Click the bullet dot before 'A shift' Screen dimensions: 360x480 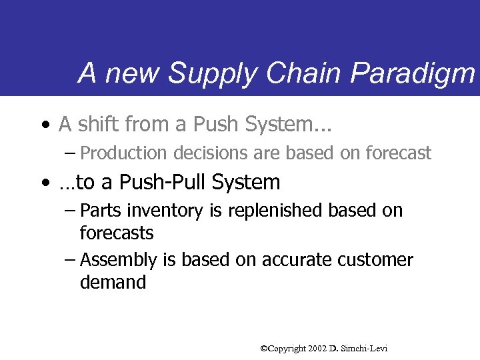click(x=43, y=125)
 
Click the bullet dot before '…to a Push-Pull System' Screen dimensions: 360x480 click(x=43, y=183)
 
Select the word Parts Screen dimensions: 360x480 click(x=100, y=211)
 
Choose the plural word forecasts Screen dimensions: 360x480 click(x=117, y=233)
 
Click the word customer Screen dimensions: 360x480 click(x=375, y=260)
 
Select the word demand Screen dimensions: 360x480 click(x=113, y=283)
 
